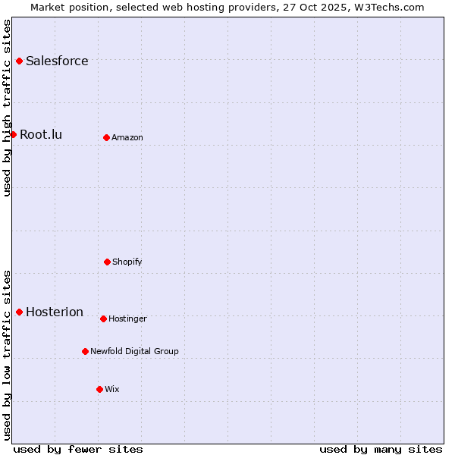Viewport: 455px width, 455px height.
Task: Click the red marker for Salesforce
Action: [x=19, y=61]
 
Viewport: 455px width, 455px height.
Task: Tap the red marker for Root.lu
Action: [x=13, y=134]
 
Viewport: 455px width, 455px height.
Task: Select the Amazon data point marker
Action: [x=106, y=137]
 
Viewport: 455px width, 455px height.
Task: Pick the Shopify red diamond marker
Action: [x=107, y=262]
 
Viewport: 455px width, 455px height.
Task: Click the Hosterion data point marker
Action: [x=19, y=312]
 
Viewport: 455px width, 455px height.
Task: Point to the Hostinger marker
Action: [x=103, y=318]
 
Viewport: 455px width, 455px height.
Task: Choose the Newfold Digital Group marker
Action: [x=85, y=351]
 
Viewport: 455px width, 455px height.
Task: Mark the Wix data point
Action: [x=99, y=389]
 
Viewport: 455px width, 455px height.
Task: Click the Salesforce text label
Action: [x=57, y=61]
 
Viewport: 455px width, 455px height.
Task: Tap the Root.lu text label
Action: [x=41, y=134]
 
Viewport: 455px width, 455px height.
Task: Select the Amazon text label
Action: [x=127, y=137]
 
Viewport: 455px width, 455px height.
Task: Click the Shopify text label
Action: [x=127, y=262]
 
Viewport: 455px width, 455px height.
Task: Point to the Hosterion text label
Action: [x=55, y=312]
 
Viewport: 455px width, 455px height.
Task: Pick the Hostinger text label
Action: [x=127, y=318]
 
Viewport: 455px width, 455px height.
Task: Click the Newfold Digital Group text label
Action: [x=134, y=351]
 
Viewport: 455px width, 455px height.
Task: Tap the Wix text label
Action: [x=112, y=389]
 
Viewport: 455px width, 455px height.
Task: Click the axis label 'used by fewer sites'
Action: [x=78, y=449]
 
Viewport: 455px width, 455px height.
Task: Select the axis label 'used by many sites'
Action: [x=381, y=449]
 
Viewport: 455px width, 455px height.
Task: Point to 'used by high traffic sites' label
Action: [x=7, y=107]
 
